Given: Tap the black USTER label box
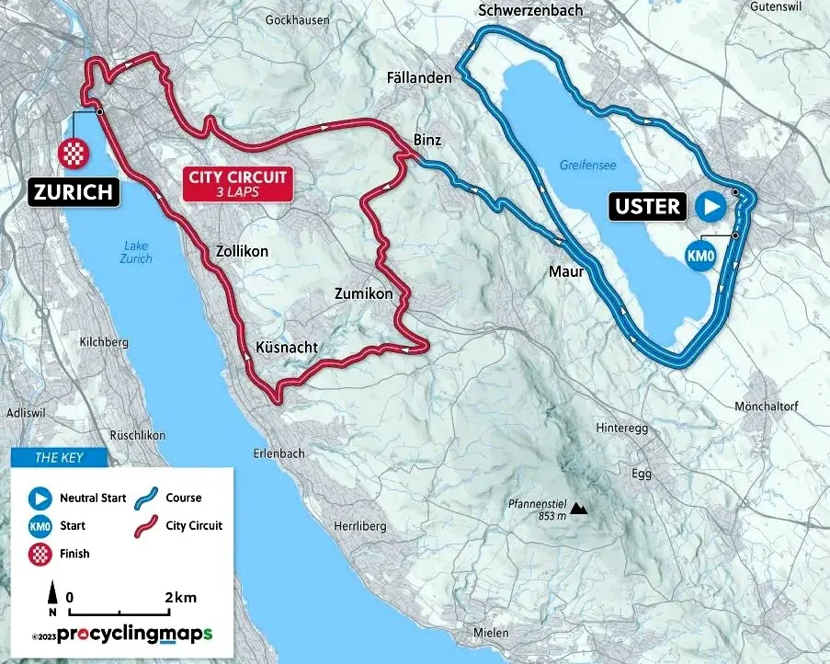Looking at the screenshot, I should (x=648, y=206).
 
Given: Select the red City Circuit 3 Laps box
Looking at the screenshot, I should (x=237, y=184).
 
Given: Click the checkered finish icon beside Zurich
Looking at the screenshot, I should (x=72, y=154).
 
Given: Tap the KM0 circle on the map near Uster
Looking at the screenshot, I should (x=701, y=258).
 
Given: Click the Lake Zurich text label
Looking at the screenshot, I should (x=134, y=251).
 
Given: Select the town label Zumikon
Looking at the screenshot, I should (x=363, y=294).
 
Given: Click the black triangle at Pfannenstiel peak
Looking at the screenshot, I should (x=578, y=507).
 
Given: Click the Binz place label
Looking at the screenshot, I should (x=428, y=141).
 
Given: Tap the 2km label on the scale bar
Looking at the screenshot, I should (x=181, y=598).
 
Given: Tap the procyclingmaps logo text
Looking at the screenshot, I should (x=134, y=635).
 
